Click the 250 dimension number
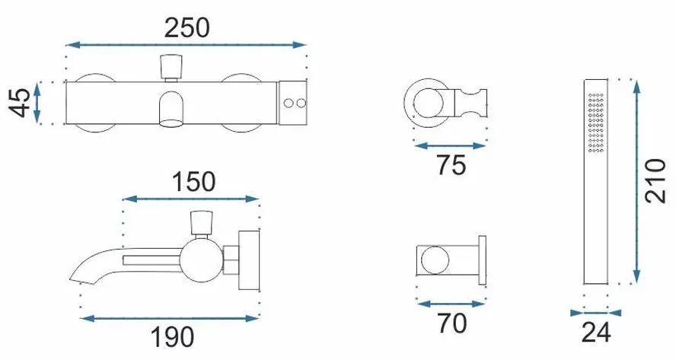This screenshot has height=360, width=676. click(187, 27)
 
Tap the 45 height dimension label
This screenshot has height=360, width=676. click(21, 103)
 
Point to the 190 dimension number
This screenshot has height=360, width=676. click(173, 336)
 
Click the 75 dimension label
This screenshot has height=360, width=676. click(451, 164)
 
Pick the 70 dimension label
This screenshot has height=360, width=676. click(452, 323)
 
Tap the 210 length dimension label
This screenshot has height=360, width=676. click(655, 181)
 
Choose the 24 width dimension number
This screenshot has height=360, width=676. click(596, 333)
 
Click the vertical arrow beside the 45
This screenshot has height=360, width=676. click(37, 103)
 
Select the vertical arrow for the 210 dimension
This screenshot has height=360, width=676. click(636, 181)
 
